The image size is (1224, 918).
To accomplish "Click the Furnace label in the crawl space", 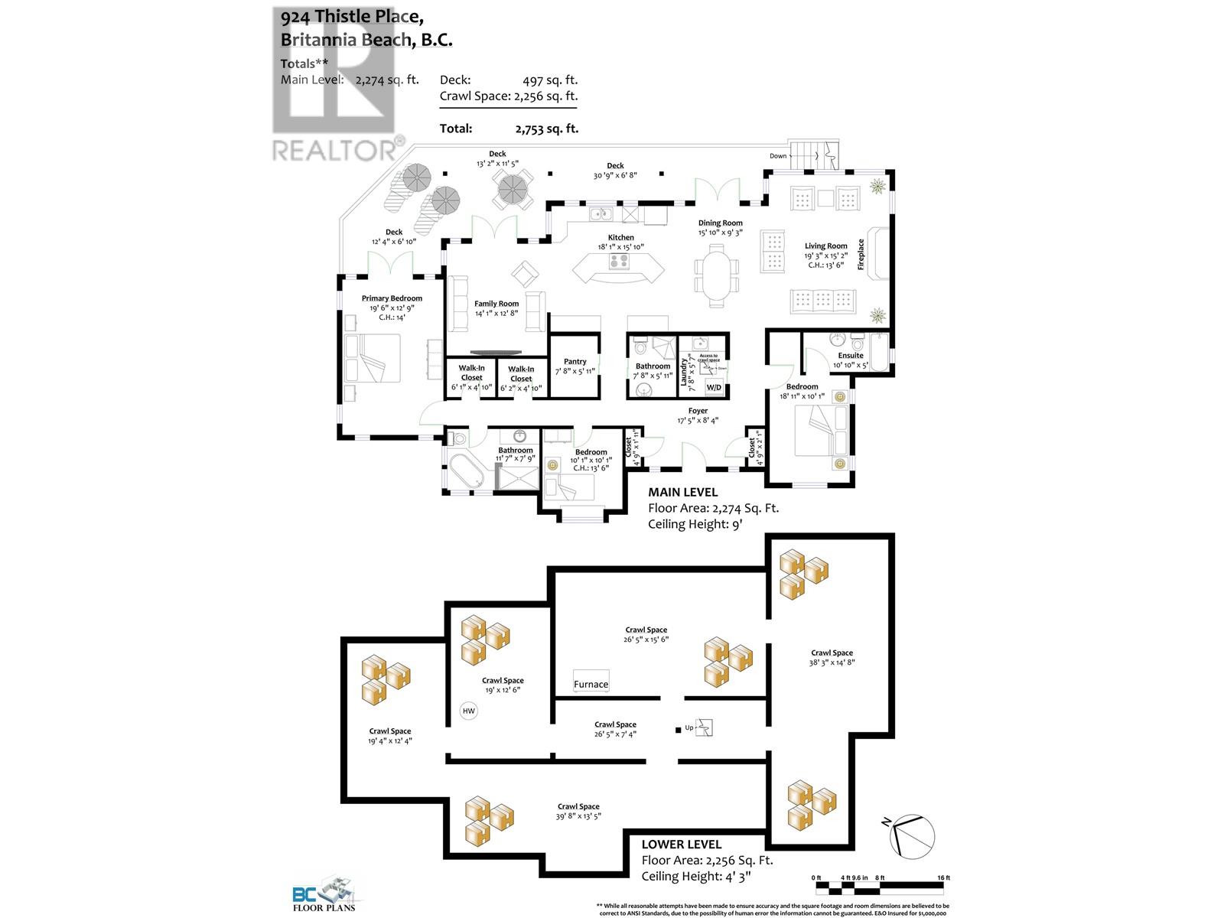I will tap(591, 684).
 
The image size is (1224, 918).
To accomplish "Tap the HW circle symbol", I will tap(469, 711).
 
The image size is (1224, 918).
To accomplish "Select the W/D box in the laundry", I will tap(713, 388).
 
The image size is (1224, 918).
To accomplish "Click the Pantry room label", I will tap(575, 361).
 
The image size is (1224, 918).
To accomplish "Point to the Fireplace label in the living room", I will tap(861, 254).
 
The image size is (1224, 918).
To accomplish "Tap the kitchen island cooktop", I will tap(619, 262).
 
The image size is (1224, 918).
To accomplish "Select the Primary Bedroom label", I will tap(392, 298).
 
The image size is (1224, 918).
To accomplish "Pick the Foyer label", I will tap(698, 411).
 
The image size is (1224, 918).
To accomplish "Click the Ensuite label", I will tap(850, 355).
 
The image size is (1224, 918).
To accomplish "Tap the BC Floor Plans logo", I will tap(324, 896).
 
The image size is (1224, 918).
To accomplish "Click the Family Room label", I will tap(496, 304).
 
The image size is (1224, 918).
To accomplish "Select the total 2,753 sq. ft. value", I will tap(546, 129).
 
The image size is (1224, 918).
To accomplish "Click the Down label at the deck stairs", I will tap(778, 156).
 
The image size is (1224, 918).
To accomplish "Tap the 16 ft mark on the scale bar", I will tap(942, 877).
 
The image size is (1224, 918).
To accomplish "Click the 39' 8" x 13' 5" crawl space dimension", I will tap(578, 816).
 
